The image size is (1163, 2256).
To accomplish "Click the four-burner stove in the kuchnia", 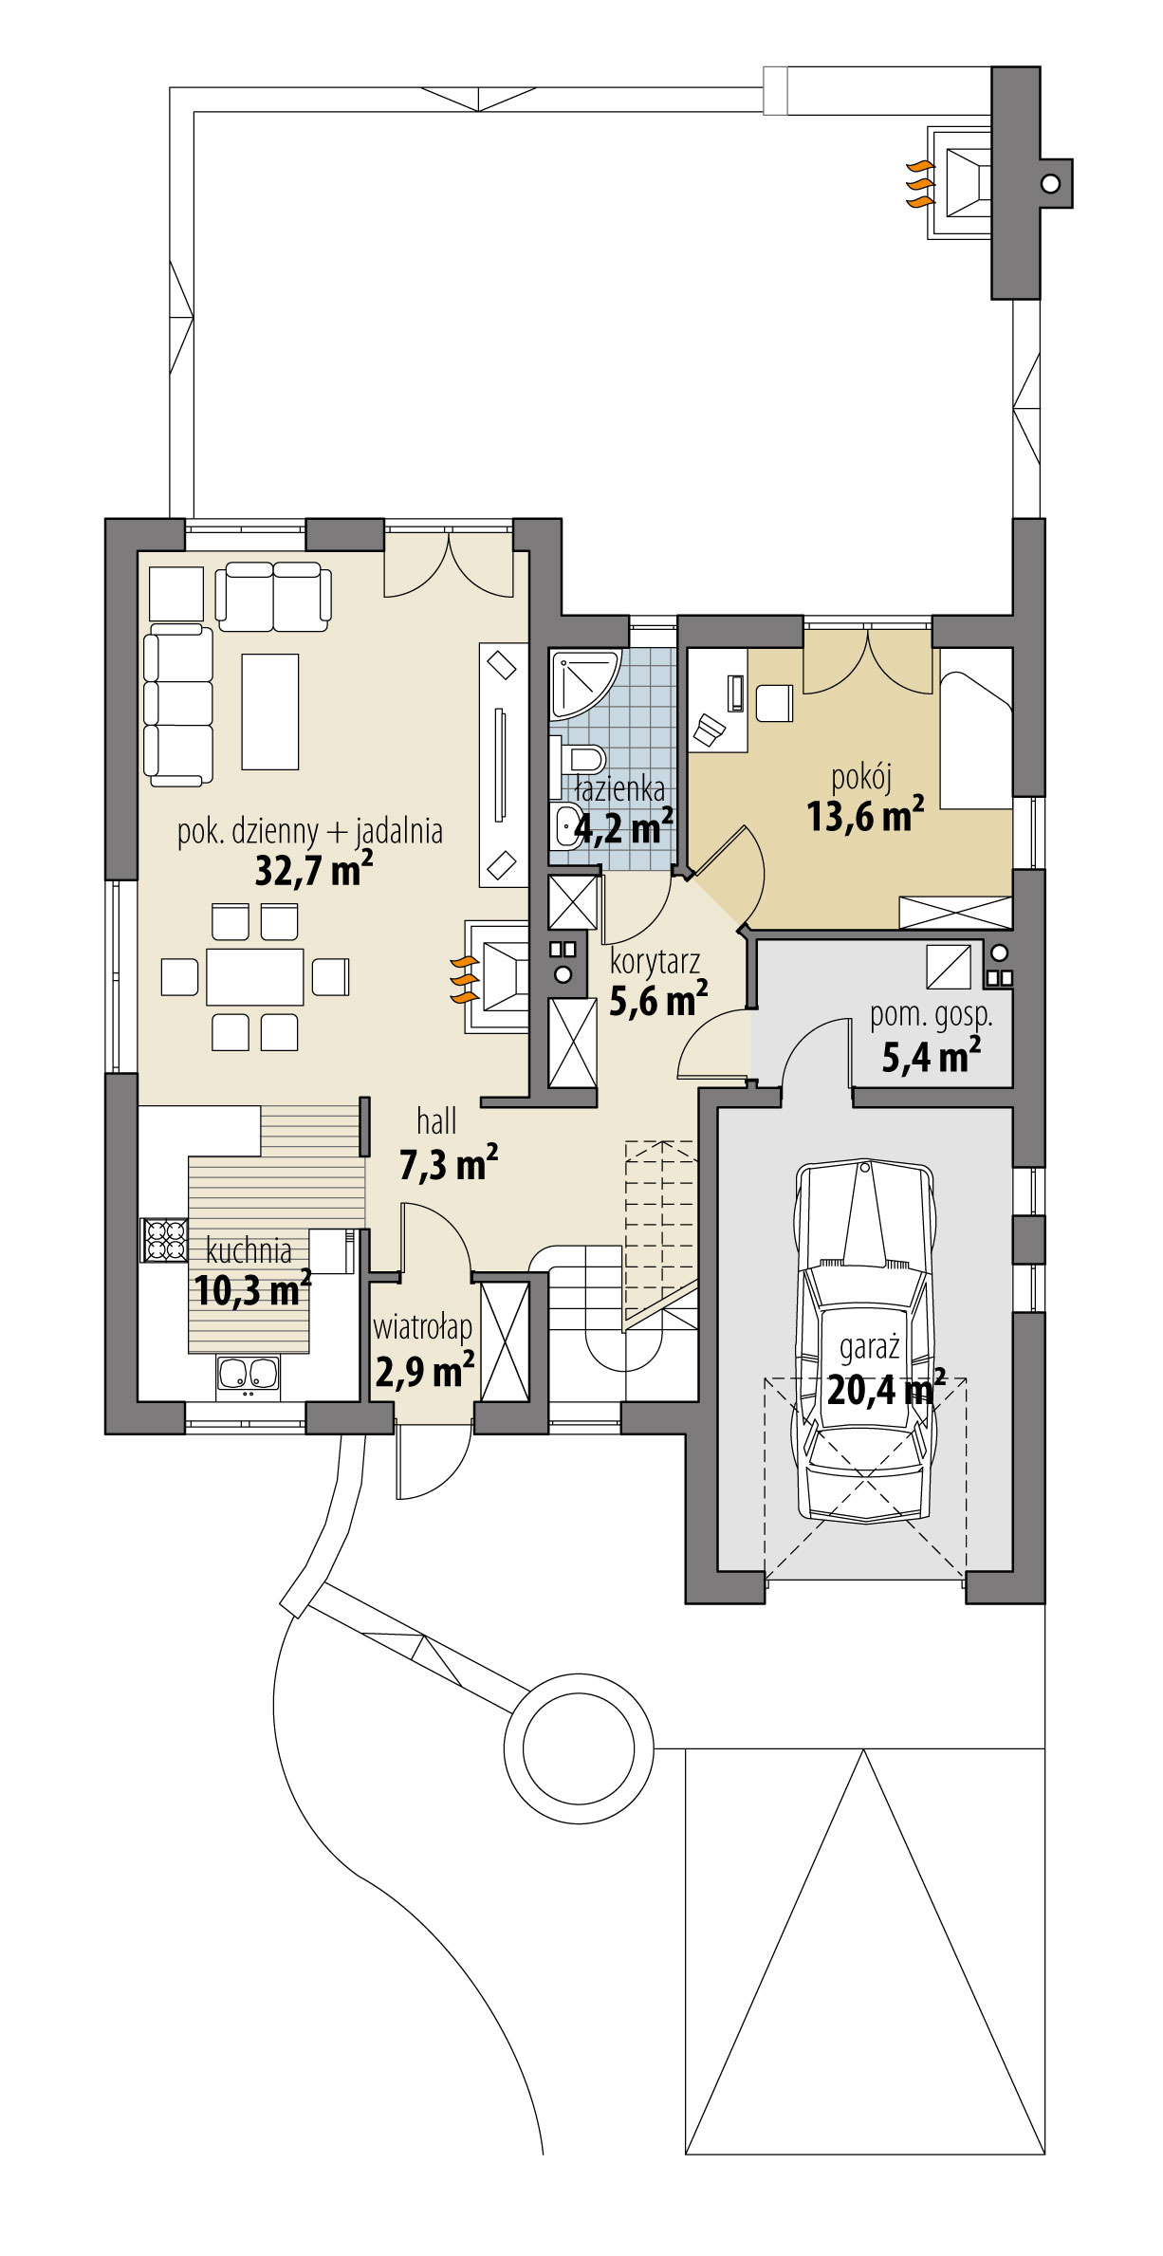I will point(164,1240).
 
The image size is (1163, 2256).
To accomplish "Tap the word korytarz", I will point(655,961).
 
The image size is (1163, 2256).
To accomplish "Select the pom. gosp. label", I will point(932,1015).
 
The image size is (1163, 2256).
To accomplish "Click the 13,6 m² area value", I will point(865,816).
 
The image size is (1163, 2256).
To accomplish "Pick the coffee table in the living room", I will point(270,711).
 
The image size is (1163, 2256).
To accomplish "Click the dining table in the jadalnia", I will point(254,976).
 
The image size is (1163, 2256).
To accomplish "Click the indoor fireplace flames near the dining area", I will point(463,980).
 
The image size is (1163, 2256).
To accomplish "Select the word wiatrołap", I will point(422,1327).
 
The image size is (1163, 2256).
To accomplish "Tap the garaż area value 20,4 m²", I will point(885,1392).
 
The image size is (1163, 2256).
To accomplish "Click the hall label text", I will point(436,1122).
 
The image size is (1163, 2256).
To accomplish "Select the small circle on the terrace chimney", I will point(1050,183).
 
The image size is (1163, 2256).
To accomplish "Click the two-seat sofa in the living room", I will point(273,596).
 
